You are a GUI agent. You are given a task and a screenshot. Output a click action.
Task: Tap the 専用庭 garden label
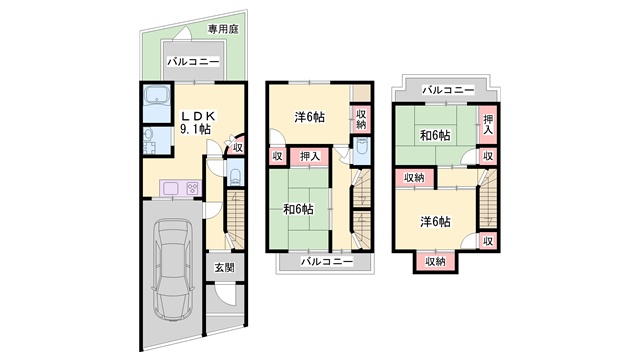223,29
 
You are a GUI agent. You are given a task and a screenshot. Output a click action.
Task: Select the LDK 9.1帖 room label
198,122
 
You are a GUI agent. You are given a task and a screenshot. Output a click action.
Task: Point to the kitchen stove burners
193,189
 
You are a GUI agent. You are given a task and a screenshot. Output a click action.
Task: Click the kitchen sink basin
171,189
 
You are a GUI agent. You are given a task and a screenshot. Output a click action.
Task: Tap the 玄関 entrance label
224,268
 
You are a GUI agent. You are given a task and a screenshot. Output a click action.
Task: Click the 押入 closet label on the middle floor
309,156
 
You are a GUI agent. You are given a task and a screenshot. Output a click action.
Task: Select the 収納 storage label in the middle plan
361,119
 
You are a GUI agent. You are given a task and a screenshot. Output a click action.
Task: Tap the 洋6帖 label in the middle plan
309,118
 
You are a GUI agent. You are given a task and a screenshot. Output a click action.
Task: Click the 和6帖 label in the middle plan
298,209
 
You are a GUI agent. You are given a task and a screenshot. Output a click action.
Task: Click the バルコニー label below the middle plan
327,261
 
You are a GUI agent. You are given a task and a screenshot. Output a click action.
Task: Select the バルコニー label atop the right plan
448,89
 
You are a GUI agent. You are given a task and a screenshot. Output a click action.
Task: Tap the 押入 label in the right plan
488,124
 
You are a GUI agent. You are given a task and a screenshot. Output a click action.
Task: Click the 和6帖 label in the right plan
435,136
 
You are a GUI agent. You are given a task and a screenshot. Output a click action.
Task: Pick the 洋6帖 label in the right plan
436,222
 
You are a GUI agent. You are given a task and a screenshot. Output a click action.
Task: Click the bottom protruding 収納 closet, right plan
436,261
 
